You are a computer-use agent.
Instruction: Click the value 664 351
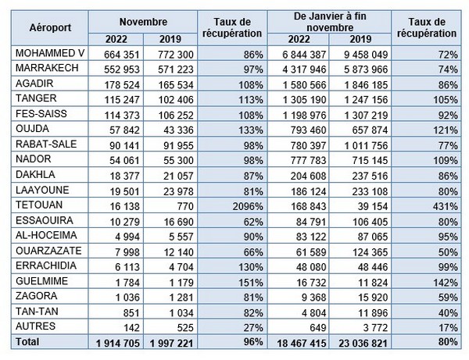[120, 52]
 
